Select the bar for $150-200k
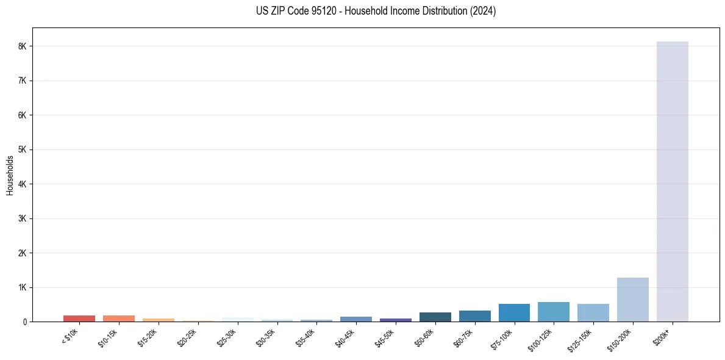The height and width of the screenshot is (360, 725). [632, 300]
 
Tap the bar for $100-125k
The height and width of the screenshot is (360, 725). [553, 312]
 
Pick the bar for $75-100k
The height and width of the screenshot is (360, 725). [514, 312]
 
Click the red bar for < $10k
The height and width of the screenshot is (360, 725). [79, 319]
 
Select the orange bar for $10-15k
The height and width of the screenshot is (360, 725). [119, 319]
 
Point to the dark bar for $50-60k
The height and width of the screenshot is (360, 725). [435, 317]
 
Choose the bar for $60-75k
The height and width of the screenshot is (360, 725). [474, 316]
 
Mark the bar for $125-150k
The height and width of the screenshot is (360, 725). [593, 312]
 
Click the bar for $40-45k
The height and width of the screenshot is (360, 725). [356, 319]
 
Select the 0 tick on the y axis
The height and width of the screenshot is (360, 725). [24, 322]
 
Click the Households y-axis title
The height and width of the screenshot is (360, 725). [10, 175]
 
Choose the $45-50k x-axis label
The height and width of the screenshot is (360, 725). [385, 335]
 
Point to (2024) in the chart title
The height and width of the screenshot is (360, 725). [484, 11]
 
